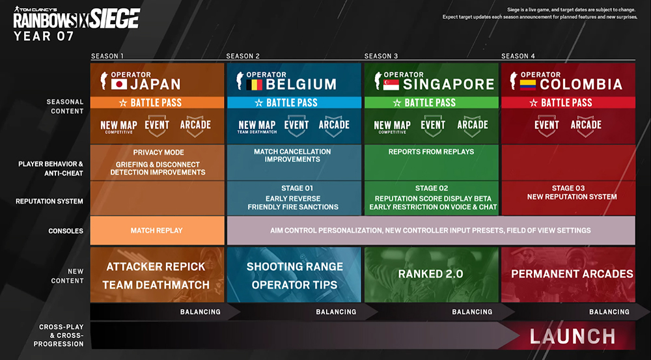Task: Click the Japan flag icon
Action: click(x=119, y=84)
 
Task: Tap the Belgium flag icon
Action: click(x=254, y=84)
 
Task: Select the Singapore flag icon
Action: click(x=391, y=84)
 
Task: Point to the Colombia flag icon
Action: click(x=528, y=84)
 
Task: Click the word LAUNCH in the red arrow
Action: click(x=572, y=337)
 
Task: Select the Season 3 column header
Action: click(x=381, y=56)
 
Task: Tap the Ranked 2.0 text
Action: click(x=430, y=273)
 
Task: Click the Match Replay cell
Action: click(x=157, y=230)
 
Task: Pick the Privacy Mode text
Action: click(x=158, y=152)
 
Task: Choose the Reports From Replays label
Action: click(x=431, y=152)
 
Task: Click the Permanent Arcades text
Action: click(x=572, y=273)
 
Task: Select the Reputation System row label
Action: click(x=49, y=201)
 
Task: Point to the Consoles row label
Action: click(x=66, y=231)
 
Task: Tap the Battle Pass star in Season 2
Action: click(x=258, y=103)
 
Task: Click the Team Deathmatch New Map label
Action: click(x=257, y=127)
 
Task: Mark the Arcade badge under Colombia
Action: click(x=586, y=126)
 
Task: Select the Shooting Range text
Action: click(x=295, y=266)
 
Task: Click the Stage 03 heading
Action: click(x=568, y=188)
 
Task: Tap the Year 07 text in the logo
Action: click(x=44, y=36)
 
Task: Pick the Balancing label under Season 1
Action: click(x=200, y=312)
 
